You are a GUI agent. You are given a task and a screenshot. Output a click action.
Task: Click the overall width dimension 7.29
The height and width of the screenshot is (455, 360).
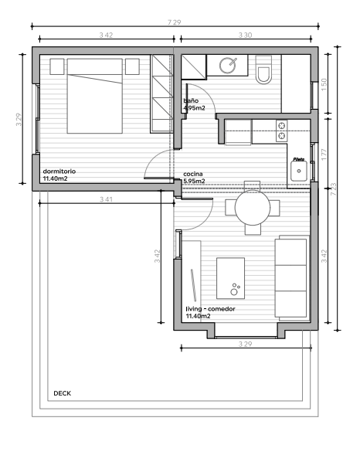(174, 22)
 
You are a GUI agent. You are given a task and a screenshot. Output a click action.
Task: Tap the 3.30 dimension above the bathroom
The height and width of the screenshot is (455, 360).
(245, 36)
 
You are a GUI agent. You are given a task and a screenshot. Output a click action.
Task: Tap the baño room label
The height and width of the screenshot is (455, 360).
(190, 101)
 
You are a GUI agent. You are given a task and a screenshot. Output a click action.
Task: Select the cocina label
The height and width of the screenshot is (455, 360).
(193, 175)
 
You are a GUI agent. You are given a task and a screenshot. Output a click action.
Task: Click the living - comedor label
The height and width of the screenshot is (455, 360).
(210, 309)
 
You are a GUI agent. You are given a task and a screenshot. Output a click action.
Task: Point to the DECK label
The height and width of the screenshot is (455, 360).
(63, 393)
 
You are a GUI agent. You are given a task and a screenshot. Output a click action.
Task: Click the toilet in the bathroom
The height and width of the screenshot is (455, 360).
(264, 70)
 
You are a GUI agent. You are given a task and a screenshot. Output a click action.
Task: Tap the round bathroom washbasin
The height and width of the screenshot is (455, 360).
(228, 66)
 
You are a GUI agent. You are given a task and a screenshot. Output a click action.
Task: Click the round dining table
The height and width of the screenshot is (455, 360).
(252, 207)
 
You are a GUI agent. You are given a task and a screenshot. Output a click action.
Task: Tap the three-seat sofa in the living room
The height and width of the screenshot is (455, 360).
(291, 277)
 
